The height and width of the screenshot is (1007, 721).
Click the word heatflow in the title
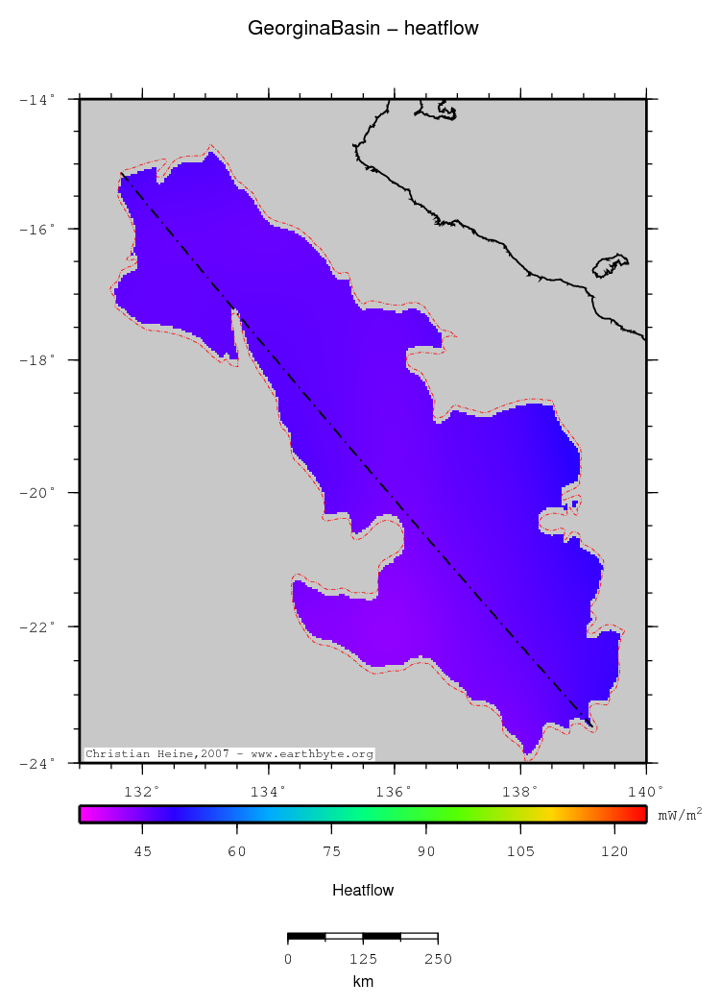click(x=442, y=29)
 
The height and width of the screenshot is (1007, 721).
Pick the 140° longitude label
click(x=645, y=792)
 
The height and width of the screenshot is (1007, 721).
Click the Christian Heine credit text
click(x=229, y=754)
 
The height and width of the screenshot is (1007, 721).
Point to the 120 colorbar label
click(x=614, y=851)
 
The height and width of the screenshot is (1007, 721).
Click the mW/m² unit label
click(x=680, y=815)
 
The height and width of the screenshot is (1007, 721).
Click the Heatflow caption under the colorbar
click(x=363, y=890)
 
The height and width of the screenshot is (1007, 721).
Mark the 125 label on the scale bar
click(x=363, y=959)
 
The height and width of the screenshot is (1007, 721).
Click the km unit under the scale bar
click(x=363, y=981)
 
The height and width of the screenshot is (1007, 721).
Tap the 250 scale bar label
click(x=438, y=959)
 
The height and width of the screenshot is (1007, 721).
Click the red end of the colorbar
click(x=637, y=814)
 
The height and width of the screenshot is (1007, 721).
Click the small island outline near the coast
click(x=610, y=265)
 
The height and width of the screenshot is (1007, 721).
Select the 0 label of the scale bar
click(x=288, y=959)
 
